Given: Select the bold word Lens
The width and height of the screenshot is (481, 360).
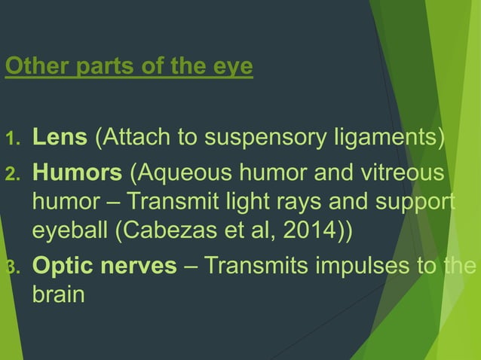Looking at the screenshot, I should tap(60, 139).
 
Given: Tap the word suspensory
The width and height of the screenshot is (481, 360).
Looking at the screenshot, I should tap(266, 139).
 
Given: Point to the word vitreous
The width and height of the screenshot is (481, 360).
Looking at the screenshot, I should tap(408, 174).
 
